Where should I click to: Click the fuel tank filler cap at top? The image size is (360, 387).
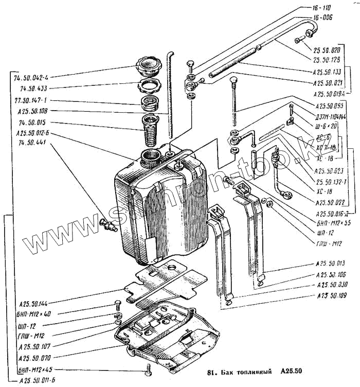point(149,67)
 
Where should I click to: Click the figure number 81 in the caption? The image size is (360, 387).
point(210,373)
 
